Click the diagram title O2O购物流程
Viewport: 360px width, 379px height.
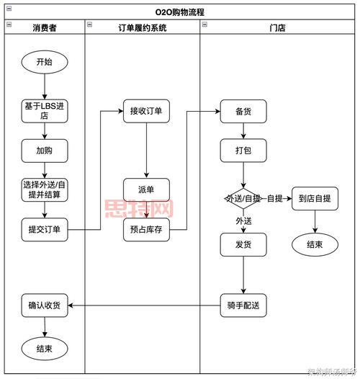point(180,12)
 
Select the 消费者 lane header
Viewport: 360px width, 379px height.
point(44,27)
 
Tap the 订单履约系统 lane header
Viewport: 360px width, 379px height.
point(142,27)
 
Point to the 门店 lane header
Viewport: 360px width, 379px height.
point(277,27)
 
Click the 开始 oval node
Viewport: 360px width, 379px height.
point(44,62)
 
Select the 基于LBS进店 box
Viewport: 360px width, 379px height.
point(44,111)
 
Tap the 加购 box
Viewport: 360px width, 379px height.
point(44,151)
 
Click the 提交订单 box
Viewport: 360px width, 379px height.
point(44,230)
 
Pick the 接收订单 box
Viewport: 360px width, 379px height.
point(146,111)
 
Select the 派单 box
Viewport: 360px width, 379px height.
point(146,189)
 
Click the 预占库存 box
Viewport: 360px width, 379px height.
point(146,230)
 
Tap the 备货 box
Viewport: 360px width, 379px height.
point(243,111)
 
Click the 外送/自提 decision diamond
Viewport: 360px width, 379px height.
point(243,198)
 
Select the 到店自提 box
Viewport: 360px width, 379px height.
point(315,198)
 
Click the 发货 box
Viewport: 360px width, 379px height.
point(243,244)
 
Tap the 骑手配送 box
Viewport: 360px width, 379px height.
point(243,305)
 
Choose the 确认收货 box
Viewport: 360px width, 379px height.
point(44,305)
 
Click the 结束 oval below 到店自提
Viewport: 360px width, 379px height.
point(315,244)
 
